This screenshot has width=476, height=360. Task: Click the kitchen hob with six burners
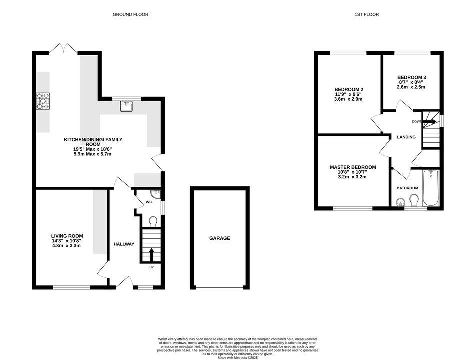[x=43, y=101]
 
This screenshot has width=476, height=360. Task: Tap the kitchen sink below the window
[x=126, y=106]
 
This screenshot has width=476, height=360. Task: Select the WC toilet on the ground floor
[x=153, y=221]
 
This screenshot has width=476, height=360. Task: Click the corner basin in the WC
[x=157, y=193]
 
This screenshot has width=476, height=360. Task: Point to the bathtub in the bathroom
[x=431, y=188]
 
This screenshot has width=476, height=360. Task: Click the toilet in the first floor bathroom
[x=414, y=200]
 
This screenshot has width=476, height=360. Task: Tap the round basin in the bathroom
[x=401, y=202]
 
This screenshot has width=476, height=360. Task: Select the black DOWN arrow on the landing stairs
[x=430, y=122]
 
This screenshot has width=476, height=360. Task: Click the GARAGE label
[x=220, y=238]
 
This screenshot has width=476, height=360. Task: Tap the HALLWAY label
[x=124, y=244]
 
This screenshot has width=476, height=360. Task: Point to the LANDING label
[x=406, y=137]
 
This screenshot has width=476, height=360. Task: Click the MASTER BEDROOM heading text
[x=353, y=167]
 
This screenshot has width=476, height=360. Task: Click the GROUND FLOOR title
[x=131, y=14]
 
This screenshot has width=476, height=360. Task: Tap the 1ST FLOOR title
[x=367, y=14]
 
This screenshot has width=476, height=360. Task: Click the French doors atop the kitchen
[x=64, y=49]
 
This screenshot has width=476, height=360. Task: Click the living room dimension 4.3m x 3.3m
[x=66, y=246]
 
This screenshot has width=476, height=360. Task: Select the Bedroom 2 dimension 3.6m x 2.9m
[x=349, y=99]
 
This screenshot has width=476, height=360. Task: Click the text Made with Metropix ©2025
[x=238, y=358]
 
